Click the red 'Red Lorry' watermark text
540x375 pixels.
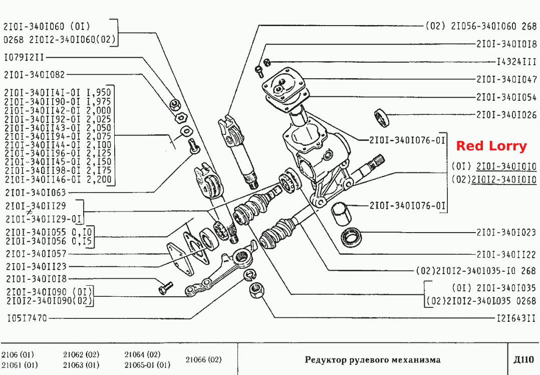[491, 146]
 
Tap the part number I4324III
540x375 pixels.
[516, 62]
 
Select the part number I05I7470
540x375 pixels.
[27, 318]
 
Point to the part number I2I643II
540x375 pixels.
[516, 318]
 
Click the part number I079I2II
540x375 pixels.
[24, 57]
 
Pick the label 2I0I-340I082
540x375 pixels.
[34, 74]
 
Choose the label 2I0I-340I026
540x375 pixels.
[506, 115]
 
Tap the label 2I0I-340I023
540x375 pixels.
[506, 232]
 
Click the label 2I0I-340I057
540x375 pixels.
[36, 254]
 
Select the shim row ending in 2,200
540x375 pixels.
[58, 179]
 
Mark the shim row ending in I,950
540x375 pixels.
[58, 93]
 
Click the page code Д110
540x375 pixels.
[523, 360]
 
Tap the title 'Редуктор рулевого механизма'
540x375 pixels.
[372, 360]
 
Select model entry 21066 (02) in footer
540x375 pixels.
[203, 360]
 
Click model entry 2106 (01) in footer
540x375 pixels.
[18, 354]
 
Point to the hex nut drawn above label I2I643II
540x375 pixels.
[256, 291]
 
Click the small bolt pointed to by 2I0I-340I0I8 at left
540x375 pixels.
[166, 288]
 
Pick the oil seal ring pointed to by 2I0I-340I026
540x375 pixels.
[381, 117]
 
